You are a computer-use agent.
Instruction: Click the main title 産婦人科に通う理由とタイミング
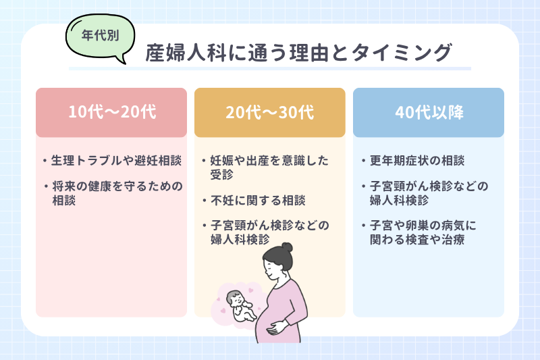click(x=298, y=53)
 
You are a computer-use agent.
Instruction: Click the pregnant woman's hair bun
click(x=288, y=249)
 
